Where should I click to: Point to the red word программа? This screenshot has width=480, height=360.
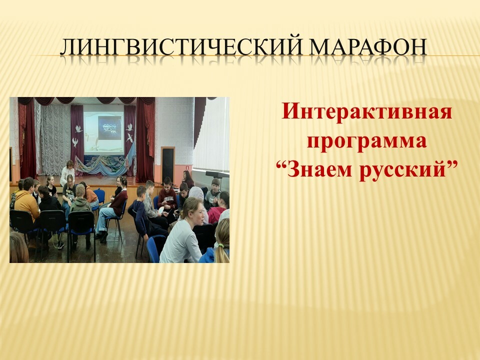coord(366,141)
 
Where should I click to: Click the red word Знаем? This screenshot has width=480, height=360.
coord(319,169)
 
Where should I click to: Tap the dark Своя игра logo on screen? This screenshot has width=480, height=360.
coord(109,127)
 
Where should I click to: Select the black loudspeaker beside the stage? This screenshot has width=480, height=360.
coord(168,164)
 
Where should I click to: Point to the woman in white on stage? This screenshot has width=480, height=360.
coord(67,173)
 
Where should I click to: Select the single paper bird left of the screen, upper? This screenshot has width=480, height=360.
coord(78,128)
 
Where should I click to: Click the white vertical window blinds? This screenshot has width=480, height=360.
coord(212,134)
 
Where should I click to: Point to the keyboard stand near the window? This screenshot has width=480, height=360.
coord(216,175)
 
